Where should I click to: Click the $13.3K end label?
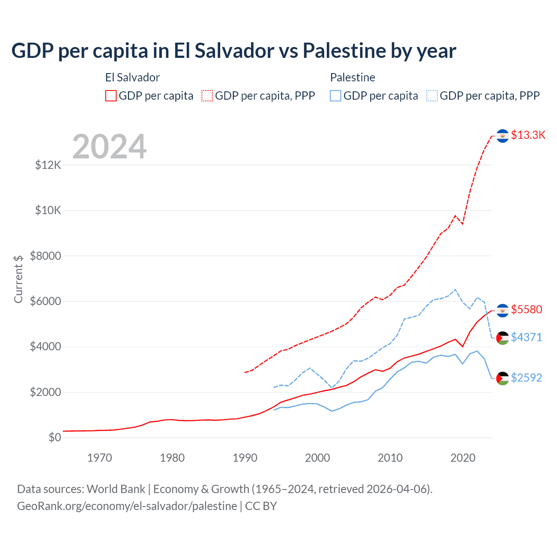click(528, 135)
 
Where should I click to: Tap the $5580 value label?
click(527, 309)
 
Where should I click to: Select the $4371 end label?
click(527, 337)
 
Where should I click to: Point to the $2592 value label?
click(527, 378)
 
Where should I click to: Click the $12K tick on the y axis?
click(48, 165)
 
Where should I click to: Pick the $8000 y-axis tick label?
click(46, 256)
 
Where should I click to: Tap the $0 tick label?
click(55, 437)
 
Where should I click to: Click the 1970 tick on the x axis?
click(100, 458)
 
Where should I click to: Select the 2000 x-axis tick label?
click(318, 458)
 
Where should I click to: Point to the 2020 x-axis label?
click(463, 458)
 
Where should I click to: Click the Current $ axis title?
click(18, 279)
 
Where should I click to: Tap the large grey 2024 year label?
click(110, 147)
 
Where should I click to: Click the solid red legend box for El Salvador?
click(111, 96)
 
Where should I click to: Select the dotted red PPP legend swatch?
click(207, 96)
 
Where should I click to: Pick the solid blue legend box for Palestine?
click(336, 96)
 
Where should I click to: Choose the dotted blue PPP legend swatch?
click(432, 96)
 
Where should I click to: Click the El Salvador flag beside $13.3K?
click(503, 136)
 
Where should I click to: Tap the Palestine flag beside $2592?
click(503, 378)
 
